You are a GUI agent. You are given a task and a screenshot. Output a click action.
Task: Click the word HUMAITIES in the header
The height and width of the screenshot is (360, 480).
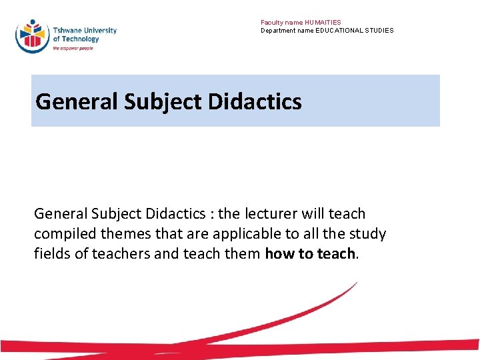323,23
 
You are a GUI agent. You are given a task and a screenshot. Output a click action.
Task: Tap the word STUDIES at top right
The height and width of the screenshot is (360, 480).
378,31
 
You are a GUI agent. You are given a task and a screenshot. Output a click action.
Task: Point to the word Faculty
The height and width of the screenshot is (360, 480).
271,23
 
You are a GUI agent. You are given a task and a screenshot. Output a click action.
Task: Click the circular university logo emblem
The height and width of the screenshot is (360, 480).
33,35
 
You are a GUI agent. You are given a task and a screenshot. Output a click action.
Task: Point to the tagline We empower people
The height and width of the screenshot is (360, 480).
73,49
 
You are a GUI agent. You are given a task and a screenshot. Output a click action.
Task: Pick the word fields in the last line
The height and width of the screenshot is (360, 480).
50,254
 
